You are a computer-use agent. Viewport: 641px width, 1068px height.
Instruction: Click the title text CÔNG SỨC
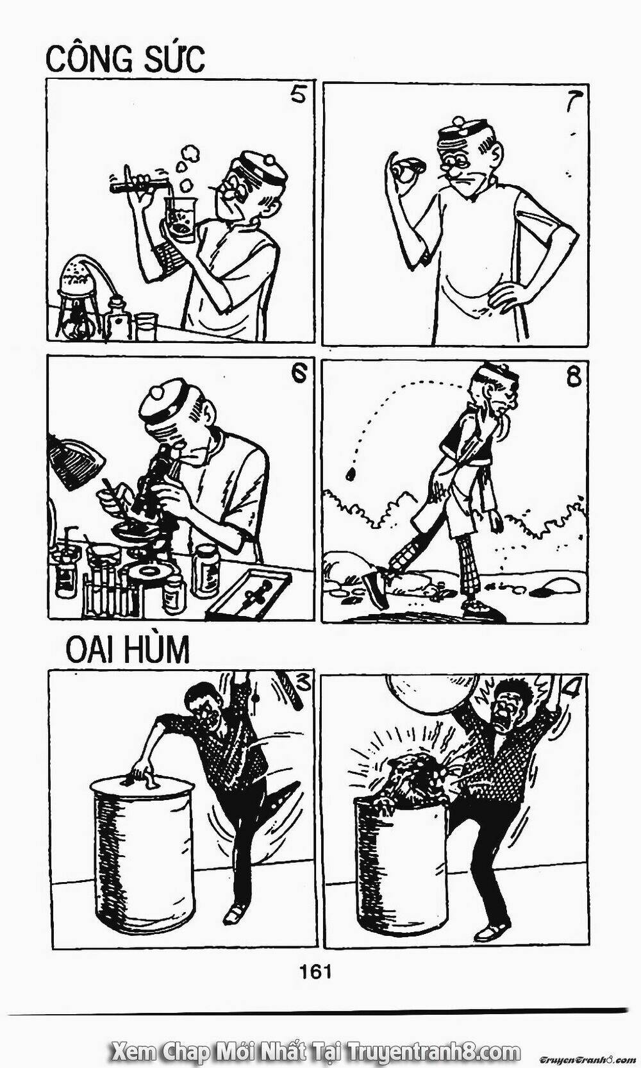tap(126, 58)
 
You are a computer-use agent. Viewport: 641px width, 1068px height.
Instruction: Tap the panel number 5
tap(297, 96)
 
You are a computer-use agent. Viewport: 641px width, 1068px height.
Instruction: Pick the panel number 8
tap(573, 377)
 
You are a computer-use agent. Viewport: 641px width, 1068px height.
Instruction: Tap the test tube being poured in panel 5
tap(138, 184)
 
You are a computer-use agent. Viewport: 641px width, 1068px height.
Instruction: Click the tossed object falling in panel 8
tap(351, 474)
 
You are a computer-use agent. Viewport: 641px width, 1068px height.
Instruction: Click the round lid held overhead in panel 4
tap(431, 693)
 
